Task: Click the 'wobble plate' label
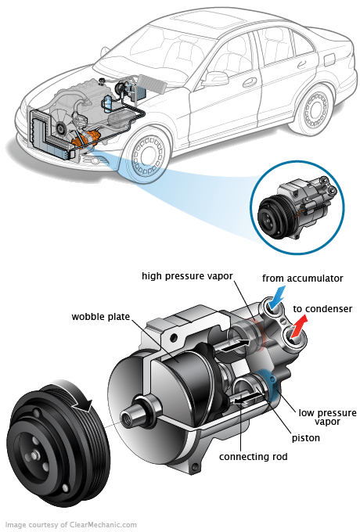pyautogui.click(x=101, y=317)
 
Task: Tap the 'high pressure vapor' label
pyautogui.click(x=187, y=276)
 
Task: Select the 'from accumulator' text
pyautogui.click(x=302, y=279)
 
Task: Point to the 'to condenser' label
pyautogui.click(x=322, y=309)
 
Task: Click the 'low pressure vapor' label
pyautogui.click(x=327, y=417)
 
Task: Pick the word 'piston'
pyautogui.click(x=306, y=438)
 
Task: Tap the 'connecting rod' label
pyautogui.click(x=253, y=457)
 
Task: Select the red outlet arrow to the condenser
pyautogui.click(x=299, y=325)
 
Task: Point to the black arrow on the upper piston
pyautogui.click(x=236, y=345)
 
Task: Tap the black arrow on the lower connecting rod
pyautogui.click(x=245, y=398)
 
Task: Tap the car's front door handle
pyautogui.click(x=250, y=82)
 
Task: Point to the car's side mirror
pyautogui.click(x=214, y=79)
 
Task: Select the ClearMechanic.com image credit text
pyautogui.click(x=71, y=524)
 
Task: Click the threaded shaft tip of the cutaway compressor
pyautogui.click(x=128, y=416)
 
